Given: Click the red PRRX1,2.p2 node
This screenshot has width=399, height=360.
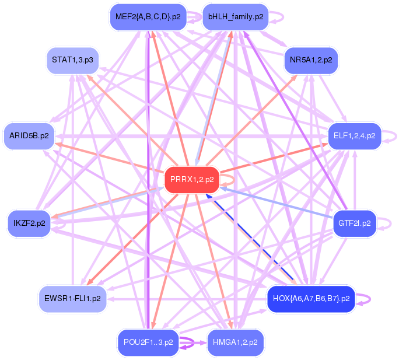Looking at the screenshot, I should coord(191,180).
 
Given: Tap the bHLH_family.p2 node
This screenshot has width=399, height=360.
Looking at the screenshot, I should coord(235,17).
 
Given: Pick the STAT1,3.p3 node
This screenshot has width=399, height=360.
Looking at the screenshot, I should coord(72,60).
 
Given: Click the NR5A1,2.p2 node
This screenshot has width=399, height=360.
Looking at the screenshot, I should coord(311,60).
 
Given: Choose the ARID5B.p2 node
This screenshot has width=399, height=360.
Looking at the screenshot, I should coord(29,136).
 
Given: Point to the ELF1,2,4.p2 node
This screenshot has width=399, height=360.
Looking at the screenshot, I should coord(354,136).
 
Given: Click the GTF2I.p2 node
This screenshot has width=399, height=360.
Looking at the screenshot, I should coord(354,223).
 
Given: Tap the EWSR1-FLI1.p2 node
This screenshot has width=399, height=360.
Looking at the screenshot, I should coord(72,299).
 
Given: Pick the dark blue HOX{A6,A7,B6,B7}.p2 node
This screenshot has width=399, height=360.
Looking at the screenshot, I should coord(311,299).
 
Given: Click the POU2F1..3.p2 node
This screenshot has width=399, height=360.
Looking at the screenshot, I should coord(148,342).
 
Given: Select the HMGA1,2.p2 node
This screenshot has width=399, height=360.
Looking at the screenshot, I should coord(235,342).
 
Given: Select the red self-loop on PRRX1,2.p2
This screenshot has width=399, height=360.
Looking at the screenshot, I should coord(233,180).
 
